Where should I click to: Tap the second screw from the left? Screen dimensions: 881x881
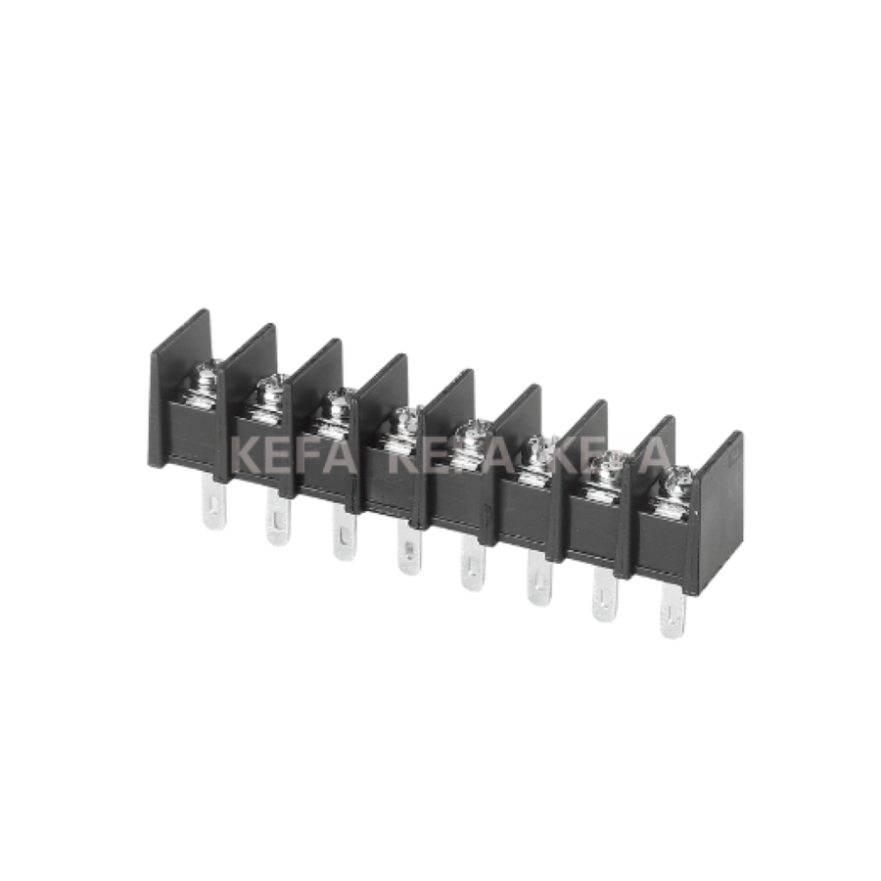tap(268, 396)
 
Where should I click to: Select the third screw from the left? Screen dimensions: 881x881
tap(336, 409)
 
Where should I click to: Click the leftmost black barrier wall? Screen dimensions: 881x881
tap(176, 392)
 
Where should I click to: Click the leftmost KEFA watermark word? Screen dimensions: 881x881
tap(290, 456)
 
